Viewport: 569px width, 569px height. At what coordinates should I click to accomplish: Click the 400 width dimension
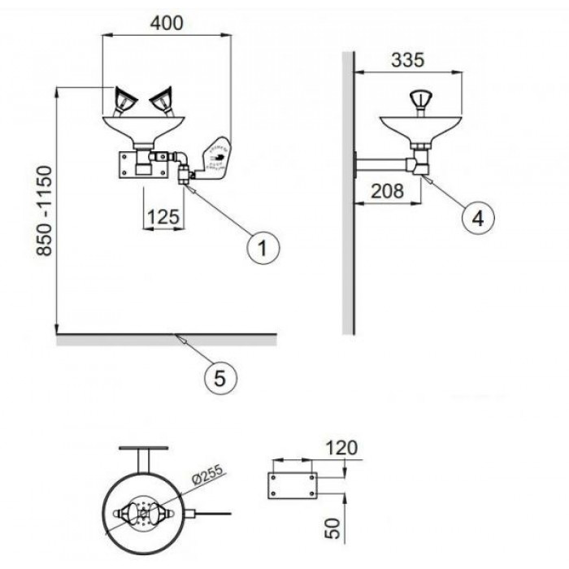click(167, 23)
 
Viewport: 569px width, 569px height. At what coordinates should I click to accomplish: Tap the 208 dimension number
click(388, 192)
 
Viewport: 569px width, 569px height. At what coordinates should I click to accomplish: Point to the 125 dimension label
click(163, 218)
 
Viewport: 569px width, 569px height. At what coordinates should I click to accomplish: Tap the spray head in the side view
click(421, 99)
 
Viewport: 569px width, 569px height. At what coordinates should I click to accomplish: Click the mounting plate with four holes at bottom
click(290, 484)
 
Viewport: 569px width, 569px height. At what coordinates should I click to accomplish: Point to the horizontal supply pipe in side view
click(383, 163)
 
